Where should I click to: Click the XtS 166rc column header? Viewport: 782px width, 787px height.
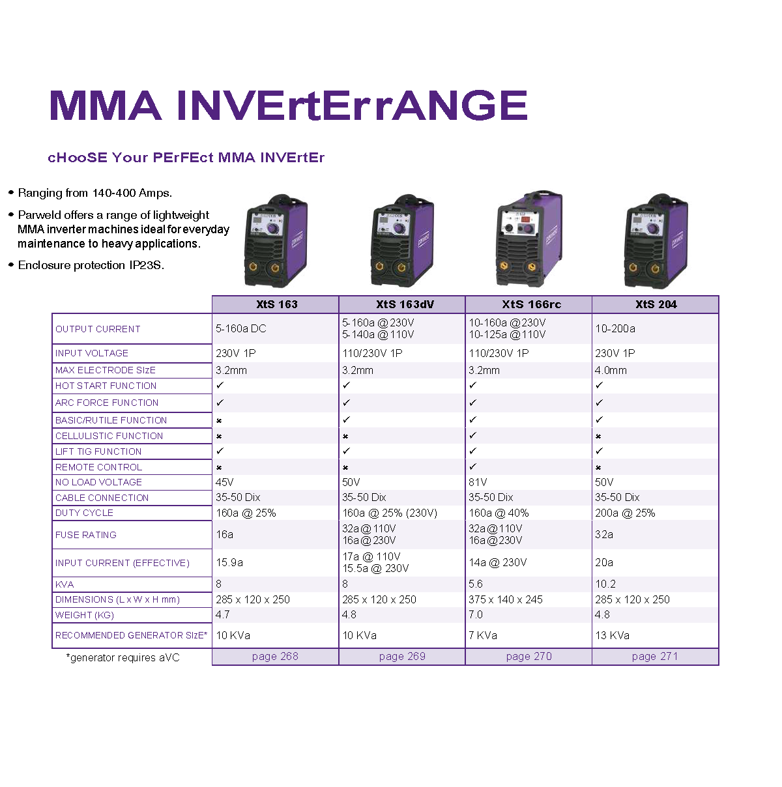click(x=530, y=304)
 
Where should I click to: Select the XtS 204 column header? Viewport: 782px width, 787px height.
click(x=656, y=304)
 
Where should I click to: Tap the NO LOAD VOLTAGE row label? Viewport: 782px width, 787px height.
click(x=98, y=482)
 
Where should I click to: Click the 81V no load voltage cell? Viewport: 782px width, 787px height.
click(x=477, y=482)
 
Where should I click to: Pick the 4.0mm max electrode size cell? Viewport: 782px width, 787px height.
click(x=610, y=370)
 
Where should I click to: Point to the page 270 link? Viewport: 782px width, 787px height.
click(x=529, y=656)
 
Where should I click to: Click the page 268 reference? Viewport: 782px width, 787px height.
click(x=274, y=656)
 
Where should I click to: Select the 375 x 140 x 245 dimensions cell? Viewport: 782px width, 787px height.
click(x=505, y=599)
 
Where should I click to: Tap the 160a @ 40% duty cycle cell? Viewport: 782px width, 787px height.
click(x=498, y=513)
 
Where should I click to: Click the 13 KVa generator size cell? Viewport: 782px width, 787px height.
click(x=612, y=635)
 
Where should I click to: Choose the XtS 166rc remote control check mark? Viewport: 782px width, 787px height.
click(x=472, y=466)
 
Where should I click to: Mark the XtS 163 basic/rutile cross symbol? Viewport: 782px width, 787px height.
click(x=219, y=420)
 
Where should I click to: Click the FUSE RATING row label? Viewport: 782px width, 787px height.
click(x=86, y=535)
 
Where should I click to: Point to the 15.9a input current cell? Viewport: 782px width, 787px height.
click(x=229, y=562)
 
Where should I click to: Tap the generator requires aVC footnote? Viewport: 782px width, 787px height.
click(x=123, y=657)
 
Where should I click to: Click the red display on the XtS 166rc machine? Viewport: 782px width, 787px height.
click(x=525, y=220)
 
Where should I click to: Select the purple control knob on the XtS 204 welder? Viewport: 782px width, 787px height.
click(x=652, y=228)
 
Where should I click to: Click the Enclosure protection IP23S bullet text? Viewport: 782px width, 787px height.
click(x=91, y=265)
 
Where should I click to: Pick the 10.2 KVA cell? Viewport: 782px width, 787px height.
click(x=605, y=584)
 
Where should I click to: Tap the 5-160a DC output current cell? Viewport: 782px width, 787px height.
click(x=240, y=328)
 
